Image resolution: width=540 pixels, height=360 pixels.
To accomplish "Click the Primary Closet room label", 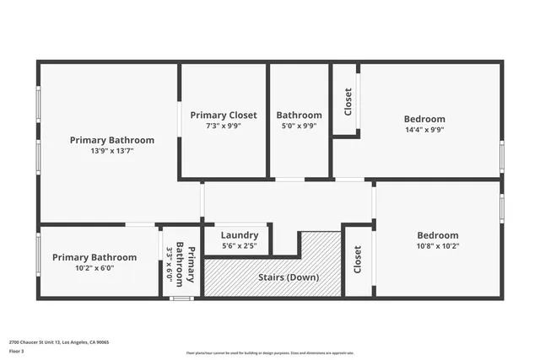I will [224, 115].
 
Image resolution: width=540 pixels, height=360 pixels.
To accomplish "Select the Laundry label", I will [239, 235].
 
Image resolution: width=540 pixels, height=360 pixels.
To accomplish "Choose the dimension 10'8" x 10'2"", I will [437, 246].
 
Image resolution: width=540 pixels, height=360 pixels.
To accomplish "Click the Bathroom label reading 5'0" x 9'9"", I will [299, 116].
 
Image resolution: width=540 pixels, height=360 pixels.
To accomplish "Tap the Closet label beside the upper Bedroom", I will [347, 101].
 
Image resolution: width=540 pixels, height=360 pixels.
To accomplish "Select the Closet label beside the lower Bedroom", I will [358, 260].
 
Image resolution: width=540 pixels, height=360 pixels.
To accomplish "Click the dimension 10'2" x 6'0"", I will [94, 268].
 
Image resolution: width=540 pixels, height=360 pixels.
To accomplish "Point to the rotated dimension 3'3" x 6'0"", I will [169, 263].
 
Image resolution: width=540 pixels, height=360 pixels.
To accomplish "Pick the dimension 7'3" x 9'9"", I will [224, 126].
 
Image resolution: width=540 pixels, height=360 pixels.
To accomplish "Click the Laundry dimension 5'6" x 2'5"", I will [239, 246].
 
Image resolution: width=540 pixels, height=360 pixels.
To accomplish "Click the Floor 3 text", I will [17, 352].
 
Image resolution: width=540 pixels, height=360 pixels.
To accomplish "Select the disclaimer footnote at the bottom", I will [269, 353].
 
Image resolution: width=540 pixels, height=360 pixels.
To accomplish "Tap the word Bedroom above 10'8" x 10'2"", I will [437, 235].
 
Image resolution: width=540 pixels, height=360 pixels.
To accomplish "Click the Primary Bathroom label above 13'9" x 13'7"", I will [112, 140].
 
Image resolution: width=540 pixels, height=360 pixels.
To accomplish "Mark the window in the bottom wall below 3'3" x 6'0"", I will [181, 298].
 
